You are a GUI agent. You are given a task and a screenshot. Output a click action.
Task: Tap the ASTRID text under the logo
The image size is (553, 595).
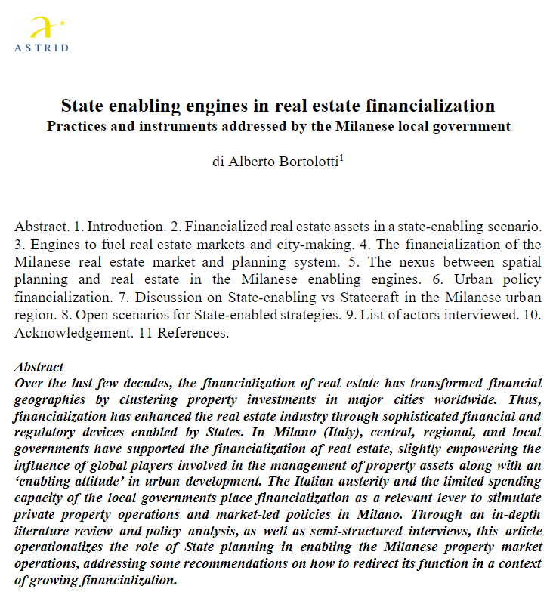[42, 48]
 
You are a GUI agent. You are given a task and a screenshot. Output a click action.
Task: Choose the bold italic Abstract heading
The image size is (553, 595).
[39, 367]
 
